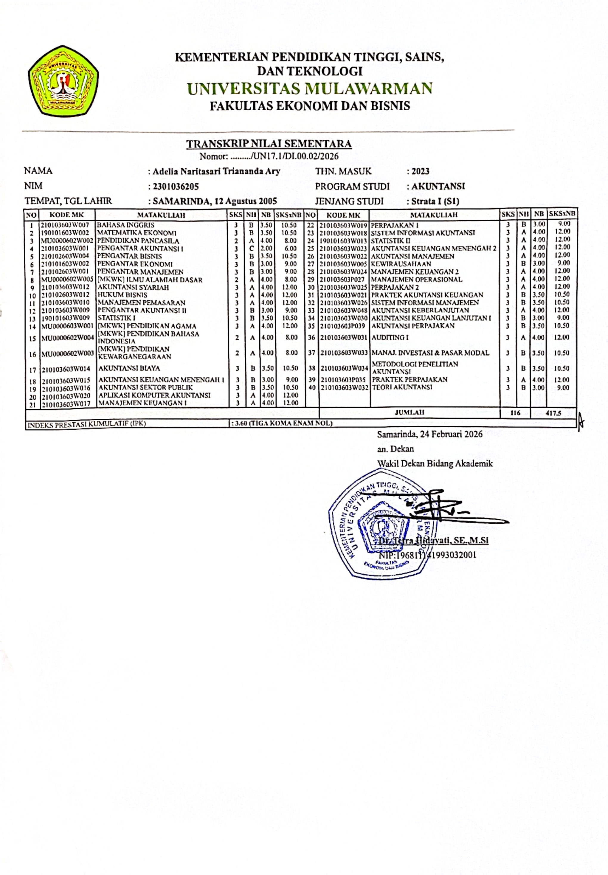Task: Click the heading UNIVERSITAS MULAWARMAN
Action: (x=310, y=89)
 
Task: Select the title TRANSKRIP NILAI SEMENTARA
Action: (x=269, y=144)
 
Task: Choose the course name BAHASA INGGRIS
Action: (x=126, y=225)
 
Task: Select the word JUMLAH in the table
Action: (x=410, y=412)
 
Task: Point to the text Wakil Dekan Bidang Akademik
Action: (x=435, y=464)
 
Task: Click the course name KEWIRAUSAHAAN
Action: (x=401, y=264)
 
